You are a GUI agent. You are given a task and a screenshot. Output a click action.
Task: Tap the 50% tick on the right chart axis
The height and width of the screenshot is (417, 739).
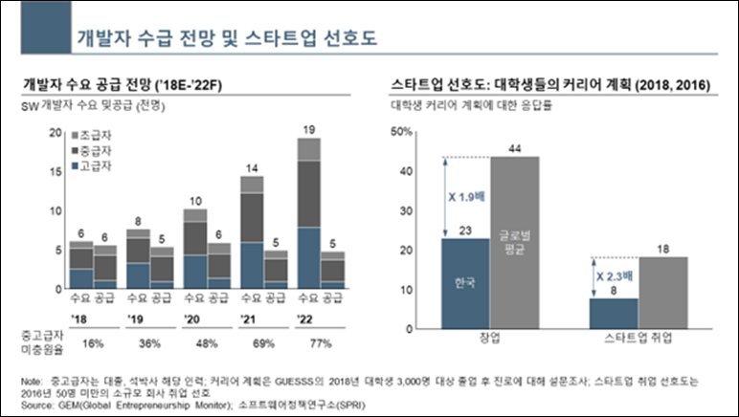(401, 131)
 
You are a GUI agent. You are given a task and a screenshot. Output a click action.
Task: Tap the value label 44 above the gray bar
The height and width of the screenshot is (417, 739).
(515, 147)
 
